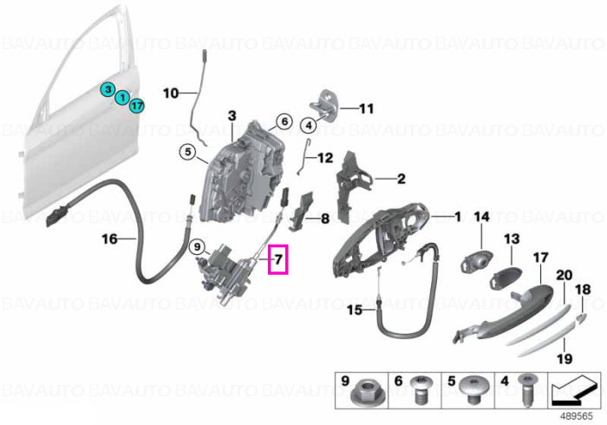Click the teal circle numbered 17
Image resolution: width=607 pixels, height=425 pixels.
click(137, 106)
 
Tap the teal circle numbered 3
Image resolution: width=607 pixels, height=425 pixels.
click(108, 90)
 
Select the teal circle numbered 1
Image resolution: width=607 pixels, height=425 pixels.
click(122, 97)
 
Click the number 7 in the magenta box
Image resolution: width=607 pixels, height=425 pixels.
click(278, 259)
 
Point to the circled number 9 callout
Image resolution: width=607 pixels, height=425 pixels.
click(197, 246)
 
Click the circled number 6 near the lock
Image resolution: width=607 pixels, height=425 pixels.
click(284, 121)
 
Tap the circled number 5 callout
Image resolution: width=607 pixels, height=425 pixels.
click(188, 152)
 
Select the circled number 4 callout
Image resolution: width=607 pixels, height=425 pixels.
click(309, 126)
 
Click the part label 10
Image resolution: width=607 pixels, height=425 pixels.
click(171, 94)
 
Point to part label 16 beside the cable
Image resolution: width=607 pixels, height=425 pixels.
click(109, 239)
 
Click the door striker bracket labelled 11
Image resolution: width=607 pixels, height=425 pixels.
click(325, 106)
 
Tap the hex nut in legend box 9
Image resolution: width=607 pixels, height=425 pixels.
click(362, 394)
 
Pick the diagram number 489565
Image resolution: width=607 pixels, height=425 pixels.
click(577, 416)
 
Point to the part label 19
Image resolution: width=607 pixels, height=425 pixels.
click(564, 358)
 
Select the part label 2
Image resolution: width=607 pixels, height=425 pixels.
click(401, 179)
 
